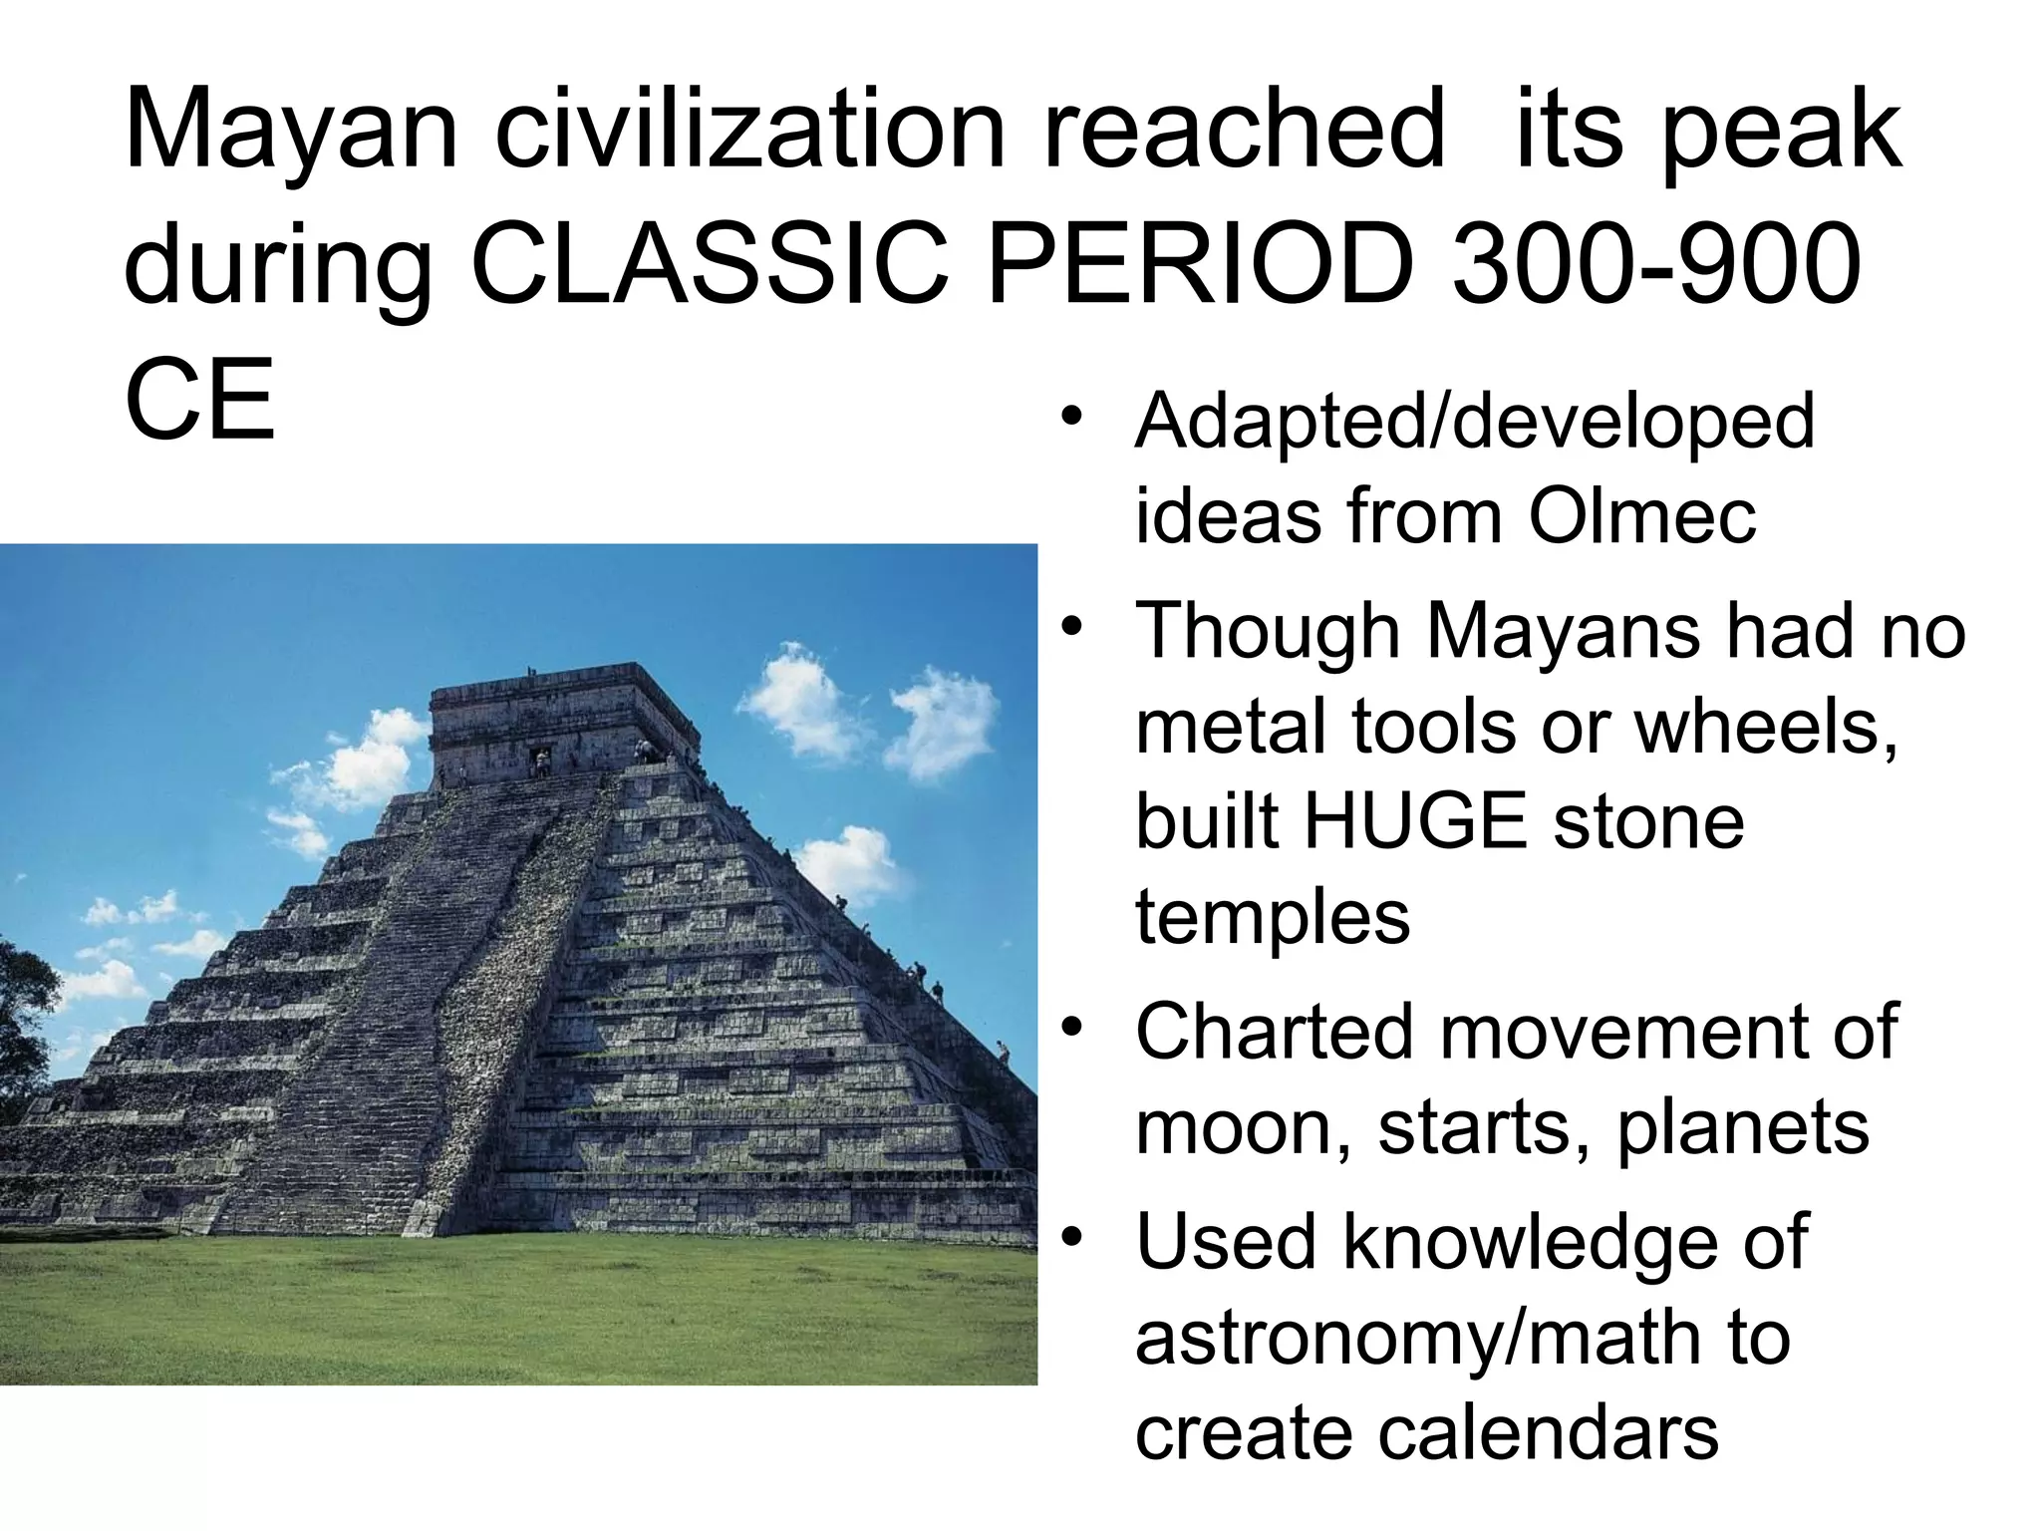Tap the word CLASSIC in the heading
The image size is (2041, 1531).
[x=708, y=265]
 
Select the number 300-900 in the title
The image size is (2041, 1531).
[x=1656, y=265]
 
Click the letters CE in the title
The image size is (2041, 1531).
[x=199, y=401]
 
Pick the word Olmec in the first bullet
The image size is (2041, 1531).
[x=1642, y=516]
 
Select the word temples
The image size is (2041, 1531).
[x=1273, y=917]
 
